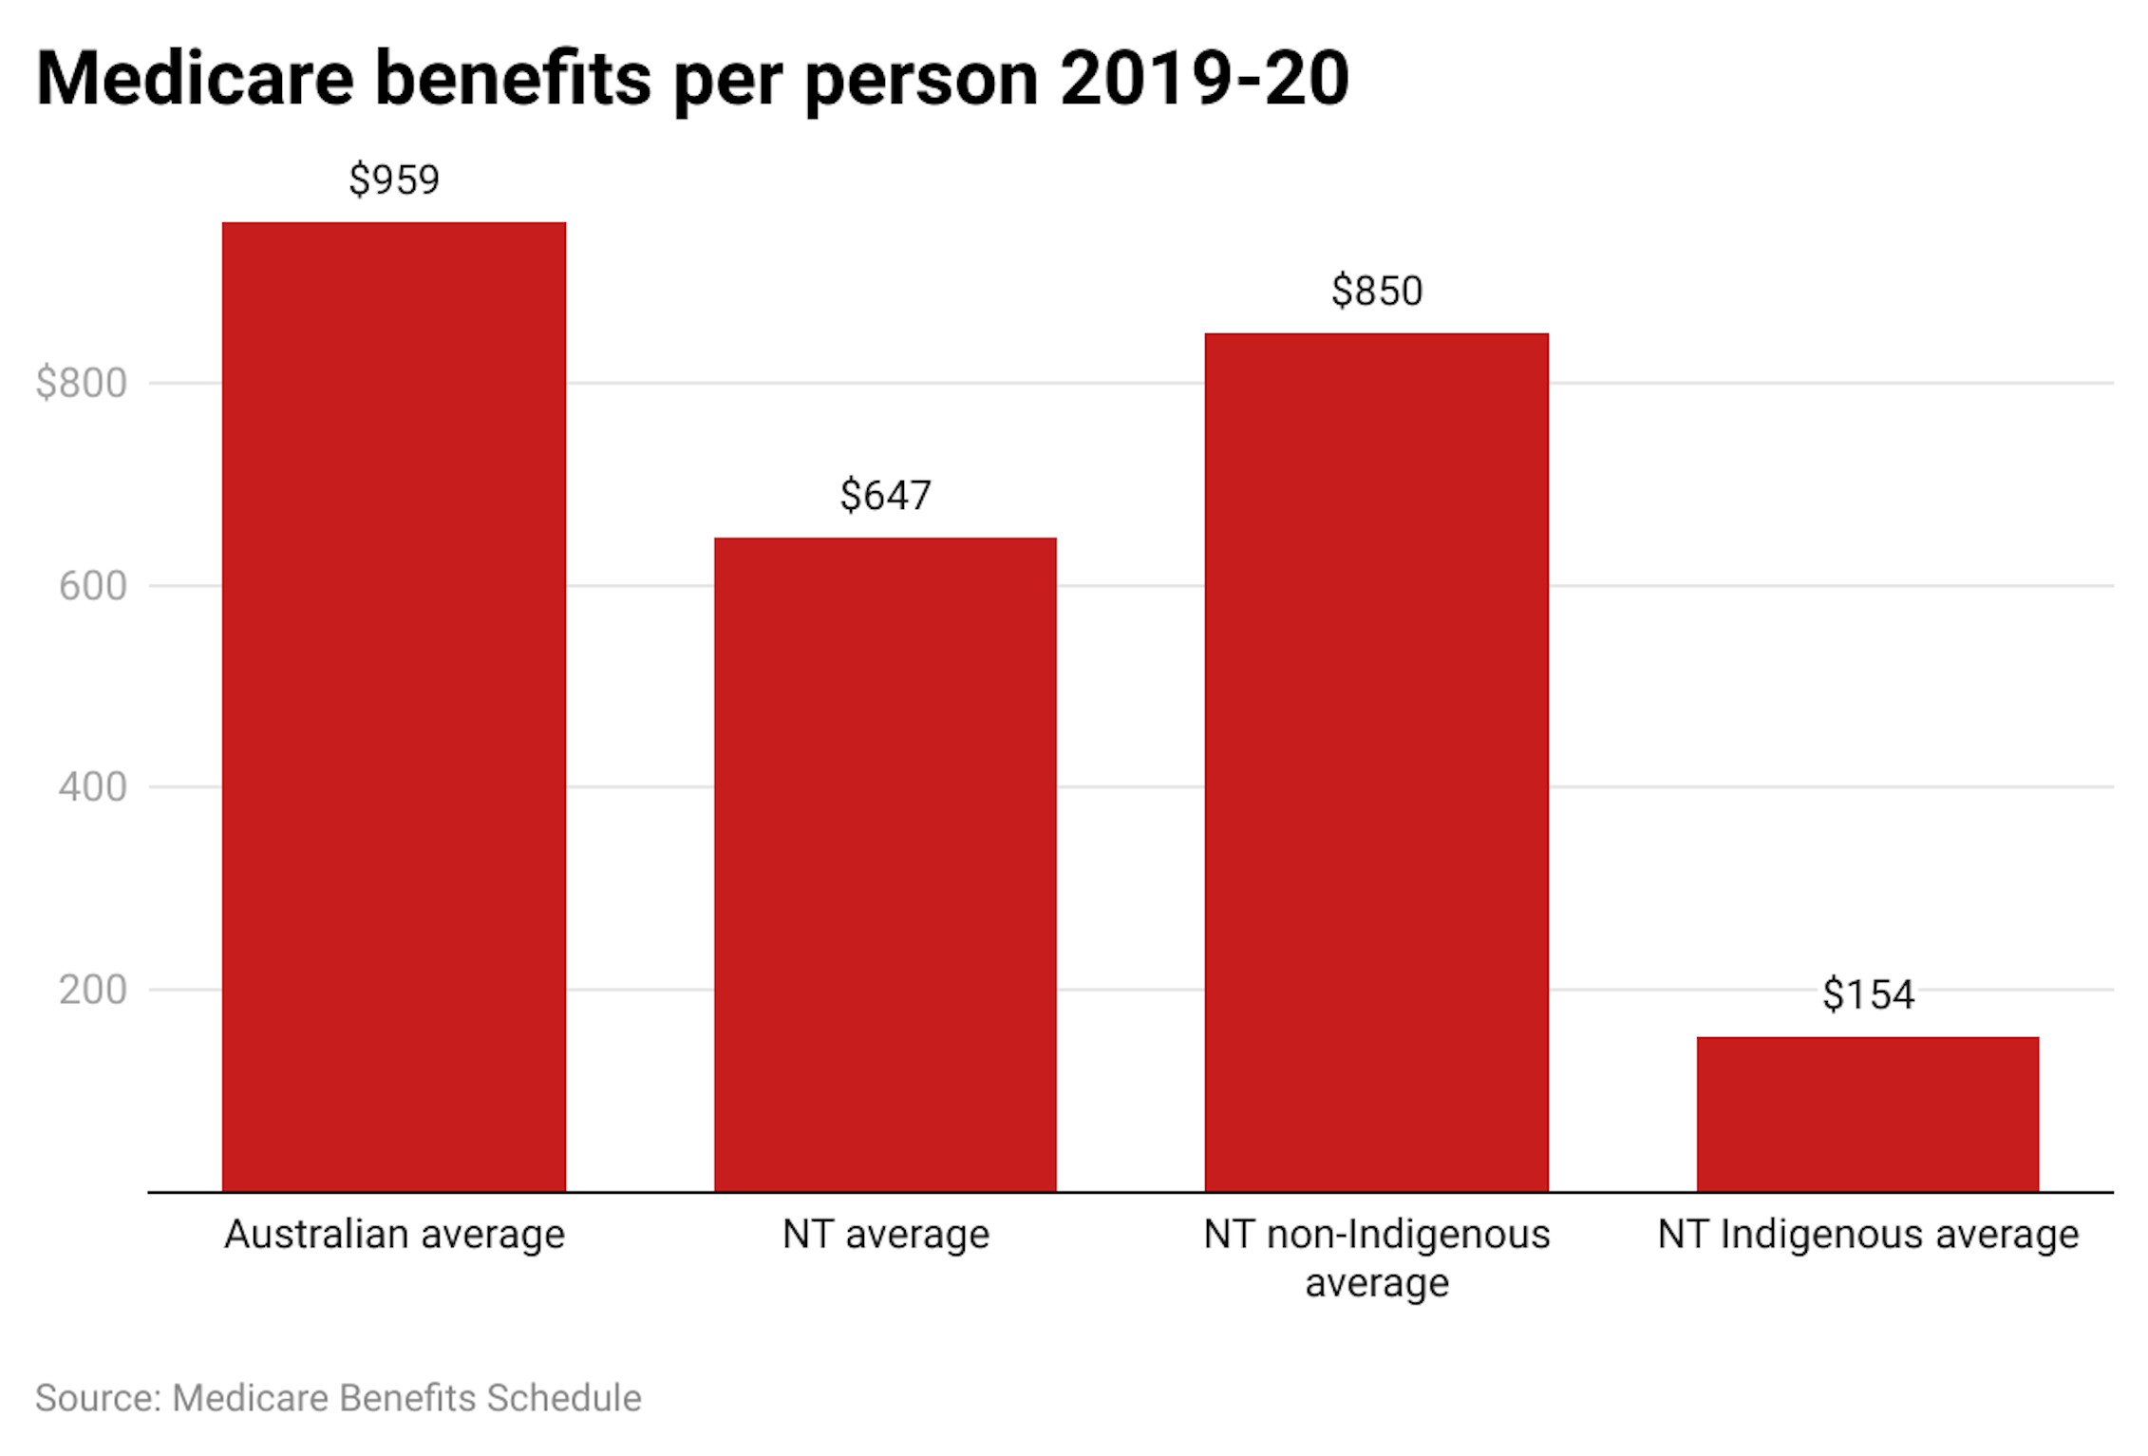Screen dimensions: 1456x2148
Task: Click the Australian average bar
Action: tap(394, 707)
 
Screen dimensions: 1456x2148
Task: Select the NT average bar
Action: tap(885, 864)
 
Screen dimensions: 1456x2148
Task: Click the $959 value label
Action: tap(394, 180)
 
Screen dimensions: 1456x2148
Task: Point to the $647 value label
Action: tap(885, 495)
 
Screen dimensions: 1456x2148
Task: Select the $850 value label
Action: tap(1376, 291)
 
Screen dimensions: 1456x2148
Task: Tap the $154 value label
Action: tap(1868, 994)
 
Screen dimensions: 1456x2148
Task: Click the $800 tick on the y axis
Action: tap(82, 383)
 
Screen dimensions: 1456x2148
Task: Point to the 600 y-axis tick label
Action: tap(93, 586)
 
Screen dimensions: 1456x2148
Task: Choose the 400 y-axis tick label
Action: tap(93, 787)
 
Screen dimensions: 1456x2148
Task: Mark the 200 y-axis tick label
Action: tap(93, 990)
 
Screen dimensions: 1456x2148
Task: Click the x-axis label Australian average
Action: tap(394, 1234)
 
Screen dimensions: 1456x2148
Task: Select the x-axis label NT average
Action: tap(885, 1234)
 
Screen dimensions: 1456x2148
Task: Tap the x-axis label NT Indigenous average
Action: tap(1868, 1234)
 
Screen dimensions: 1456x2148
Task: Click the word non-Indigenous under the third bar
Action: tap(1408, 1234)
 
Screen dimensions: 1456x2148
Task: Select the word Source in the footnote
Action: tap(97, 1398)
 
